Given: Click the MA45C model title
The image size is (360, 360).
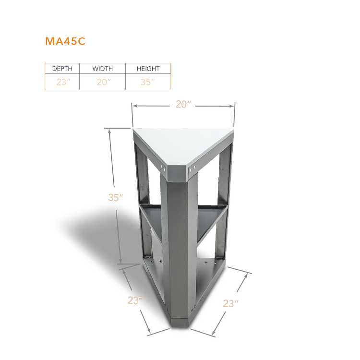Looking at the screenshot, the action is tap(65, 41).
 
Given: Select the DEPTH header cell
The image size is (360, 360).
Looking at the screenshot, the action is tap(62, 69).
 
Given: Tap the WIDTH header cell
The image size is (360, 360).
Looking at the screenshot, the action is tap(102, 69).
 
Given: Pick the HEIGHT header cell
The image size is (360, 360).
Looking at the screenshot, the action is tap(148, 69).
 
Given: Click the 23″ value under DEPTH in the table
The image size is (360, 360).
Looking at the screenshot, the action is tap(63, 82).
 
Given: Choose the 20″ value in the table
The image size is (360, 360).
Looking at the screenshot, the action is tap(104, 82).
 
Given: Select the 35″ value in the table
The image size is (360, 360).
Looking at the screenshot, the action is tap(148, 82).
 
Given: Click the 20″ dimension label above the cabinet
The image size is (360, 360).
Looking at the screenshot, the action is tap(183, 104).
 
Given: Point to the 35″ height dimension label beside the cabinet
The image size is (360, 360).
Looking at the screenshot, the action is tap(116, 197).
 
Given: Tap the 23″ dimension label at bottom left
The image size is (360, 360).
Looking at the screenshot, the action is tap(135, 300).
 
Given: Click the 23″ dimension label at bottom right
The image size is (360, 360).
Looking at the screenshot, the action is tap(230, 303).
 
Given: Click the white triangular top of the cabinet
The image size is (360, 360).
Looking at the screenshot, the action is tap(184, 146).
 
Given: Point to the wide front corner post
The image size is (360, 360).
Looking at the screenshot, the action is tap(182, 248).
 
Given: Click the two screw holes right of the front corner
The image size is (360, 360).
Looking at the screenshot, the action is tap(192, 169).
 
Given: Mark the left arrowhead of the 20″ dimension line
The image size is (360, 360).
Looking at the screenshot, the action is tap(135, 106).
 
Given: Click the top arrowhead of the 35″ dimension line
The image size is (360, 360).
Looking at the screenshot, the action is tap(110, 132).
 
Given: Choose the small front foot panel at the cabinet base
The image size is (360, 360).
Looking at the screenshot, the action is tap(180, 323).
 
